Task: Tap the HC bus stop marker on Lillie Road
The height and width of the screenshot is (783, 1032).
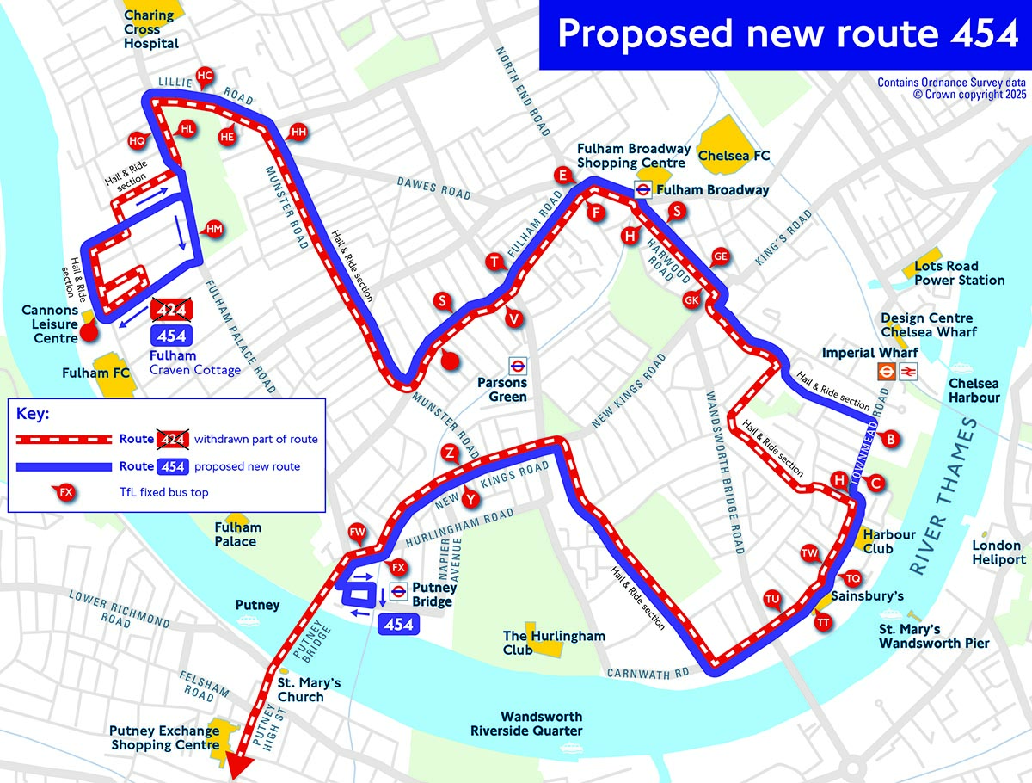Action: (204, 76)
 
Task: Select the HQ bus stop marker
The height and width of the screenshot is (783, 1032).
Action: (137, 140)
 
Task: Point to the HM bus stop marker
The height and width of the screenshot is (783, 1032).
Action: (214, 229)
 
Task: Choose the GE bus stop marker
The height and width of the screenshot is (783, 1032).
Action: (720, 256)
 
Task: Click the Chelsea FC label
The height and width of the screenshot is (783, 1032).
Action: (734, 156)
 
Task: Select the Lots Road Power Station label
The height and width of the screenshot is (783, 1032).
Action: (959, 274)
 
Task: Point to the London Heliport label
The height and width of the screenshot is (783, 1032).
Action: (998, 552)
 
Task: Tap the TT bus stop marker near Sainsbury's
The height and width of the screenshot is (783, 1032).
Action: (823, 622)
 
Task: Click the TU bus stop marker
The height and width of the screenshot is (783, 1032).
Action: (772, 599)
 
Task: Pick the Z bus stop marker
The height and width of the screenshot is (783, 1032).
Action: (448, 453)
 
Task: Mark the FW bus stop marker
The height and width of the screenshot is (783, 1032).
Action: (357, 533)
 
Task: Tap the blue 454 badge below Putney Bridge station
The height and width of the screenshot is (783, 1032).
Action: (399, 625)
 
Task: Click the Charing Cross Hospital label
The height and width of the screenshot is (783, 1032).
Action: (151, 29)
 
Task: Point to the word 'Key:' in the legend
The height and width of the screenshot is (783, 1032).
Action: (34, 414)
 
